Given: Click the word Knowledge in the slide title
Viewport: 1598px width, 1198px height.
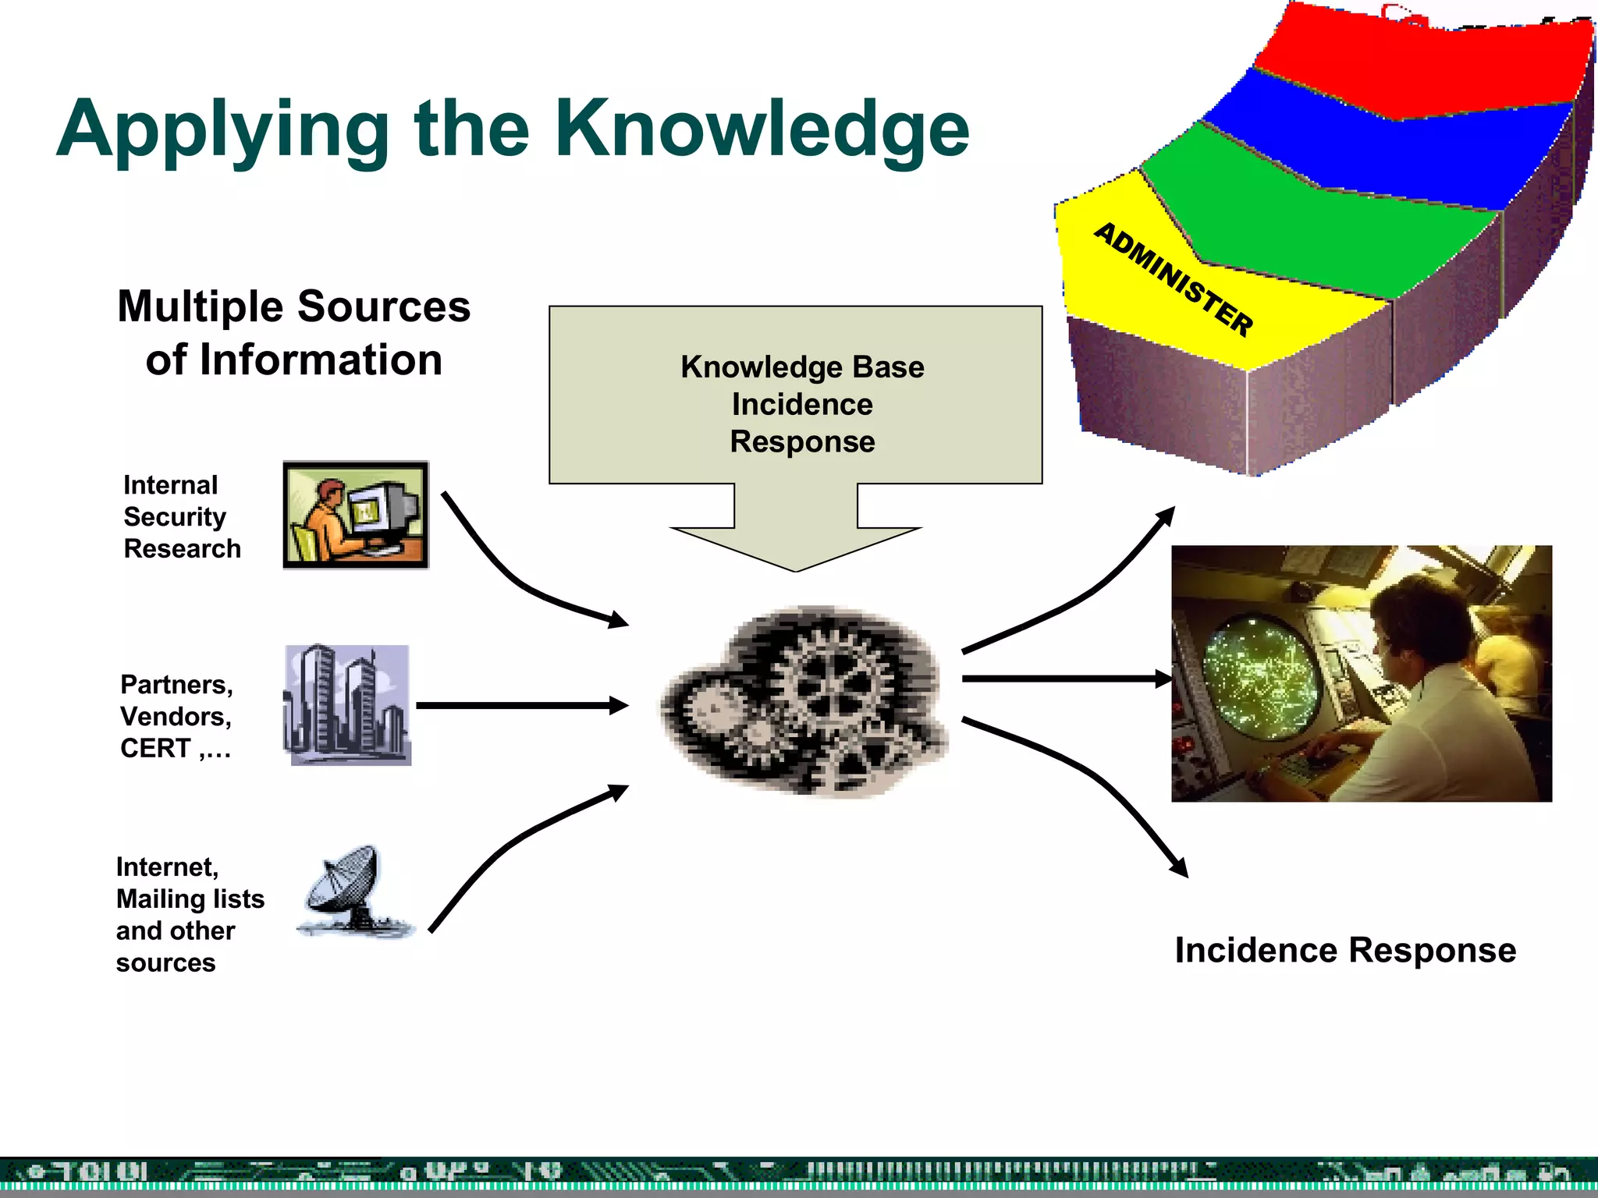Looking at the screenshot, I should tap(762, 129).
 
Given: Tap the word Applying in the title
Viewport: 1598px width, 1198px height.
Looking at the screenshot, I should tap(223, 130).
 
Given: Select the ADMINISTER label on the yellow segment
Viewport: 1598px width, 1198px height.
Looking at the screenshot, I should tap(1174, 279).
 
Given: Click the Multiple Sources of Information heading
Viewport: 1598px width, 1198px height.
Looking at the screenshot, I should tap(294, 333).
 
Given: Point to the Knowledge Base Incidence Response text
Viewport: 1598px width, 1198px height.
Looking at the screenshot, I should tap(802, 404).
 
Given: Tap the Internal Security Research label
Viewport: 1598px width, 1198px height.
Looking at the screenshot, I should tap(182, 516).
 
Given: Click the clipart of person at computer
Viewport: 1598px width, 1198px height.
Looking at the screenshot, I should tap(356, 515).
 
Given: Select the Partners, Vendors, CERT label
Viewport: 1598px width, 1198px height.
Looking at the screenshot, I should tap(176, 716).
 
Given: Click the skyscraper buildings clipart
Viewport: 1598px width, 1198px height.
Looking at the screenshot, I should tap(347, 704).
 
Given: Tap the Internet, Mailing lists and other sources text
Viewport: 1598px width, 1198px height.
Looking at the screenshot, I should tap(190, 914).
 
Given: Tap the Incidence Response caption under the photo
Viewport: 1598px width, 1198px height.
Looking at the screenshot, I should tap(1345, 950).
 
